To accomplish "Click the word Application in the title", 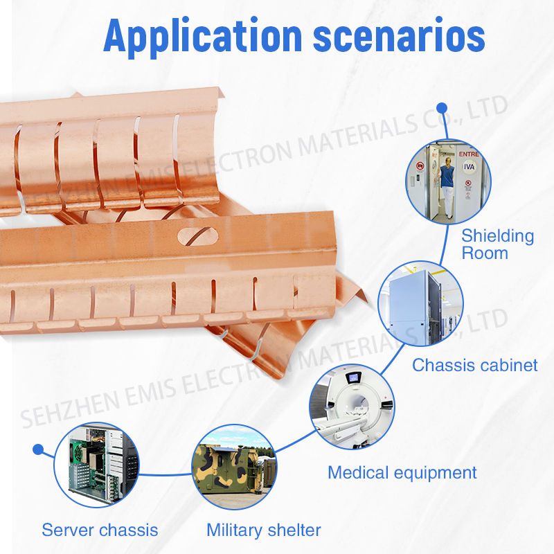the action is tap(202, 37).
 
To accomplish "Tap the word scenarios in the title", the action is tap(399, 37).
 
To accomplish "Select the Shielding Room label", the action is tap(497, 244).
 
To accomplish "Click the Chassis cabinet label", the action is tap(475, 366).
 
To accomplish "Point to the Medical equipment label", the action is tap(402, 473).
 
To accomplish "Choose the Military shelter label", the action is tap(264, 530).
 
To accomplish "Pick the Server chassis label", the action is tap(100, 530).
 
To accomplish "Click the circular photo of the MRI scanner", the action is tap(352, 406).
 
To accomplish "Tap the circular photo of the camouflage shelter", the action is tap(234, 467).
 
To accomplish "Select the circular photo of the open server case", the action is tap(96, 465).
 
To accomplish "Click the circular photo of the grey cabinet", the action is tap(420, 304).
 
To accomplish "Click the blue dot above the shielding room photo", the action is tap(442, 108).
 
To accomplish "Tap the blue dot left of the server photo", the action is tap(38, 449).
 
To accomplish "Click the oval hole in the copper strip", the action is tap(198, 236).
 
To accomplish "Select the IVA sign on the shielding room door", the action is tap(469, 166).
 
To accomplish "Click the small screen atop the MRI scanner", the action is tap(353, 377).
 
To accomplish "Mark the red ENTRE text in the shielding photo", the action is tap(469, 154).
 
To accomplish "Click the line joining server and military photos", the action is tap(166, 475).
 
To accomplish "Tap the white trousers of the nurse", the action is tap(447, 202).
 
